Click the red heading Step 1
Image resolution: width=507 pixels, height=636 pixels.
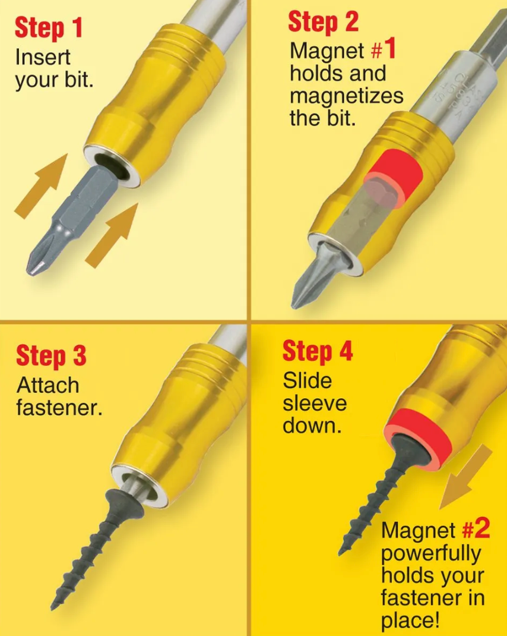48,28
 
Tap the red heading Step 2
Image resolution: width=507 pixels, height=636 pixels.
323,22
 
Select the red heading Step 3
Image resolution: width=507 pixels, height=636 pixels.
51,356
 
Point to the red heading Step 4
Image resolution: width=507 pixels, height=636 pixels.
318,351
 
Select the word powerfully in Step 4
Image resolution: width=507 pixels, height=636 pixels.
430,553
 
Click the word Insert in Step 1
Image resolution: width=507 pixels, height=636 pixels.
43,58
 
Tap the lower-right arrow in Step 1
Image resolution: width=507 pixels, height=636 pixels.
113,234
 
